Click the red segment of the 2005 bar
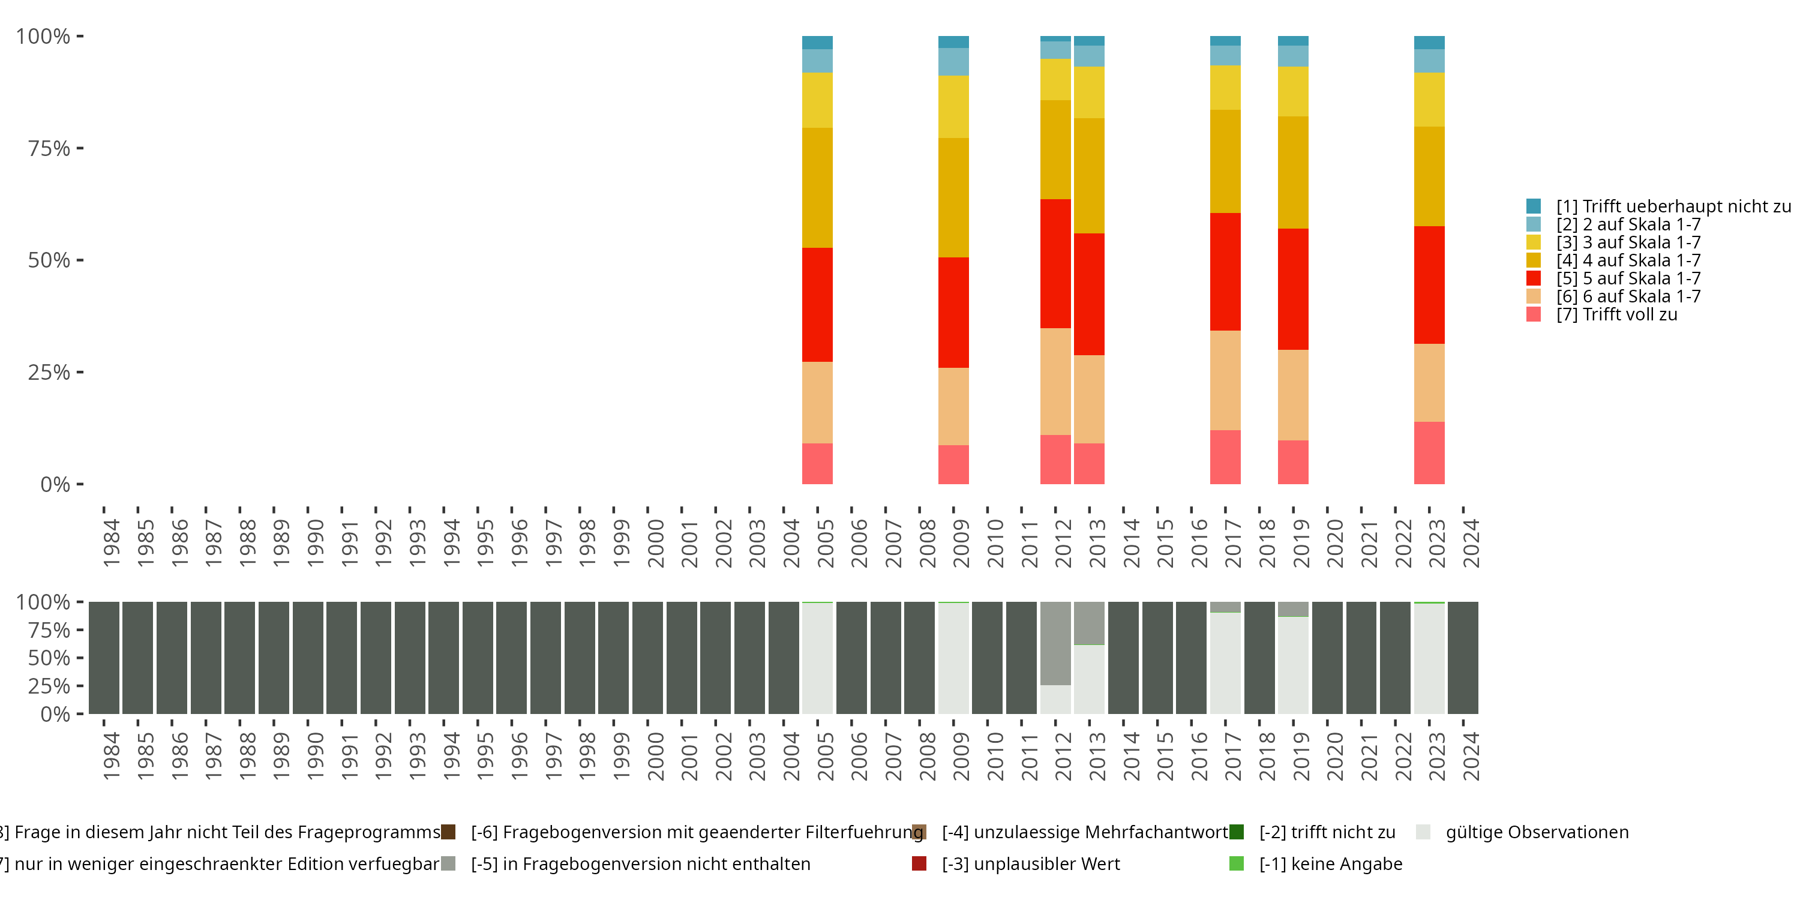tap(817, 305)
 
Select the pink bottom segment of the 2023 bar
tap(1429, 453)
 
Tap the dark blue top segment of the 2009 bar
tap(953, 42)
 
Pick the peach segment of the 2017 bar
tap(1225, 380)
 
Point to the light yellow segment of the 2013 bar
tap(1088, 92)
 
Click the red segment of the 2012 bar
tap(1055, 263)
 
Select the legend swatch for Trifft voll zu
tap(1533, 314)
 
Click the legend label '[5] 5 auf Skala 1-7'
tap(1628, 278)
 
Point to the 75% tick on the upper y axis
tap(80, 148)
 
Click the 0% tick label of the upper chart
tap(55, 484)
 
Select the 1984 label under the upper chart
tap(111, 543)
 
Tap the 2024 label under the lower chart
tap(1471, 756)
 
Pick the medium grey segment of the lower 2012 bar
tap(1055, 643)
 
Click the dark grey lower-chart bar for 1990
tap(307, 658)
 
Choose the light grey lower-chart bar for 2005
tap(817, 658)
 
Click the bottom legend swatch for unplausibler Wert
tap(919, 863)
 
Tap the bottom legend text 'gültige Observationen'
tap(1537, 832)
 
